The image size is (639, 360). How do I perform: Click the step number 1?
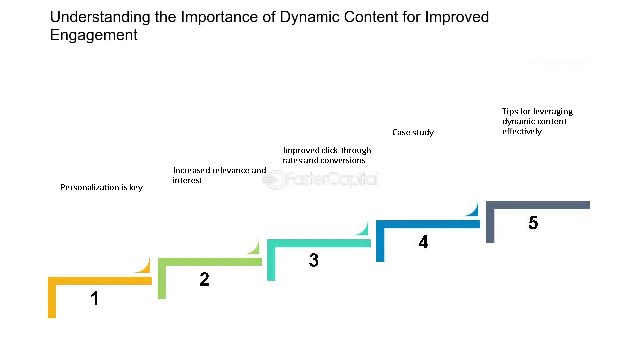[95, 298]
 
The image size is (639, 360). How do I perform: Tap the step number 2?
[204, 279]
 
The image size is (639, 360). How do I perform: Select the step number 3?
[314, 260]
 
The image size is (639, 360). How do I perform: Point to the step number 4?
[423, 242]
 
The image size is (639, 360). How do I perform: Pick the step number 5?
[533, 223]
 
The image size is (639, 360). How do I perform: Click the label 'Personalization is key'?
[102, 187]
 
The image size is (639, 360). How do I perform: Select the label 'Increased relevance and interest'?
[219, 175]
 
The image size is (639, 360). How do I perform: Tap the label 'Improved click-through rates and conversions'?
[326, 155]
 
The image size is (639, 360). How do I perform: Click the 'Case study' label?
[413, 132]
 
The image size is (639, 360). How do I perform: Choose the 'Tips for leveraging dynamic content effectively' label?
[537, 121]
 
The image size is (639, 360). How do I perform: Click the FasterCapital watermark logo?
[320, 180]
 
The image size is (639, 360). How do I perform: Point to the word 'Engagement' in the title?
[94, 35]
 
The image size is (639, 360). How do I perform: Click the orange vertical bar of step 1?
[52, 300]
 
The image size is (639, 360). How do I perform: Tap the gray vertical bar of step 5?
[490, 225]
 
